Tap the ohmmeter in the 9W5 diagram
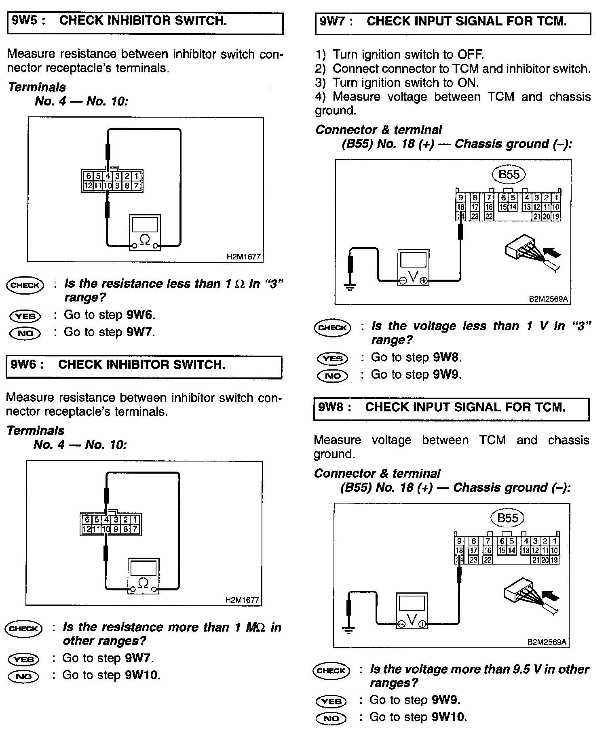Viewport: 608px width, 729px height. point(144,233)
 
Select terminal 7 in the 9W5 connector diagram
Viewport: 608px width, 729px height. point(136,186)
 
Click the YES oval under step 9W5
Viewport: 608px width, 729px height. point(25,316)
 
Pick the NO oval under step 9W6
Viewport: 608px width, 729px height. point(23,676)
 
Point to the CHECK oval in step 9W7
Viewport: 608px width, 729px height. point(333,327)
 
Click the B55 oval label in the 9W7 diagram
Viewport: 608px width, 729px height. point(509,175)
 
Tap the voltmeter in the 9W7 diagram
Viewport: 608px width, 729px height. point(413,268)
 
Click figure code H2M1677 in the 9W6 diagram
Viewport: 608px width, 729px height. point(242,600)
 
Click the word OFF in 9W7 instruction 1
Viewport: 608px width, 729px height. point(470,55)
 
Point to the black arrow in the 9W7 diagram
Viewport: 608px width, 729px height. point(552,253)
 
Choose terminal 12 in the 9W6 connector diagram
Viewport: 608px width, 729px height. point(87,529)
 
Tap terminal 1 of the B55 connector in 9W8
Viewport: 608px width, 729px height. point(555,541)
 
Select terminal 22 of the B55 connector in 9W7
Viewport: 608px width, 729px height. point(489,217)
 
